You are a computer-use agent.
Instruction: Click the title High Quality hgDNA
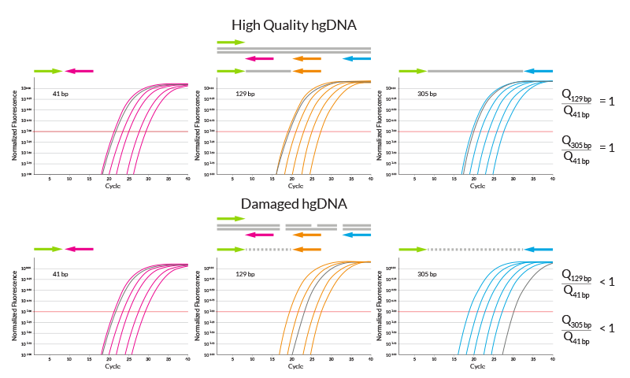click(x=295, y=26)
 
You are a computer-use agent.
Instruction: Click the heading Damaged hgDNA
click(x=295, y=205)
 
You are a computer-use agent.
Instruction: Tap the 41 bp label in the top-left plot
click(x=61, y=94)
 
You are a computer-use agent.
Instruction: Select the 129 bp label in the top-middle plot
click(x=244, y=94)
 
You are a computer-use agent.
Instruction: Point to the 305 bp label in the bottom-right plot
click(x=426, y=274)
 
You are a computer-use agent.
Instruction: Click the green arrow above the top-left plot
click(x=47, y=71)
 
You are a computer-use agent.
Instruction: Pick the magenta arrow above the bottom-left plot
click(x=79, y=249)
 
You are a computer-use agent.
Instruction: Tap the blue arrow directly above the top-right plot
click(x=539, y=71)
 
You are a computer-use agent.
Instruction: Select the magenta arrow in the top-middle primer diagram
click(x=260, y=58)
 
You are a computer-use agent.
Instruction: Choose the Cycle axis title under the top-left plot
click(x=113, y=187)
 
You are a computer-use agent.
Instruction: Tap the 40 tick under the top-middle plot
click(x=370, y=180)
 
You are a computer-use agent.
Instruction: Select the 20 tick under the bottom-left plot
click(x=108, y=359)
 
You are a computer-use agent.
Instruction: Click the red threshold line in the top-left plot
click(x=79, y=132)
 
